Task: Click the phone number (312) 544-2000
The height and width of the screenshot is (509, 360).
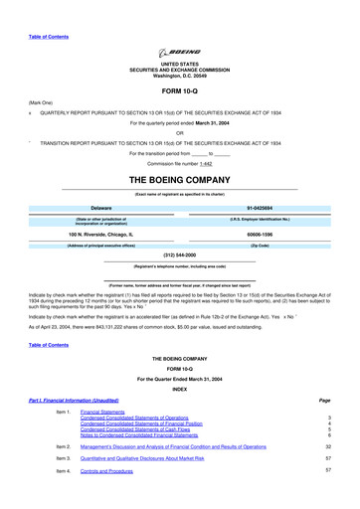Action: click(180, 254)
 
